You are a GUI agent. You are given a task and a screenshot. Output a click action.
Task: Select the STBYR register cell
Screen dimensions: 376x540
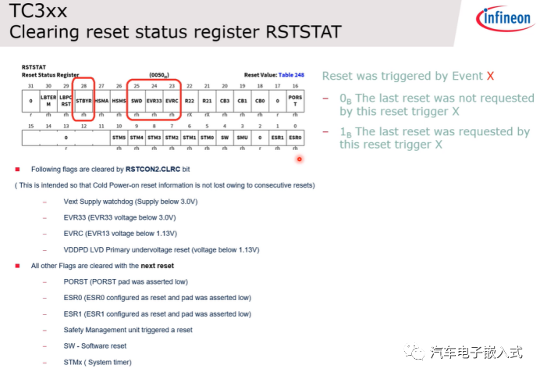[x=84, y=101]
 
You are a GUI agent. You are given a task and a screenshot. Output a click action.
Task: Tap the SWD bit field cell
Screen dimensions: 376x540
[x=136, y=101]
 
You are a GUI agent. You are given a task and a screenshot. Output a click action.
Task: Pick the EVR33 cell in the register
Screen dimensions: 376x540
[x=154, y=101]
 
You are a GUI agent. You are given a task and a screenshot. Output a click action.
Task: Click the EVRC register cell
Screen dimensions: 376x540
[x=172, y=101]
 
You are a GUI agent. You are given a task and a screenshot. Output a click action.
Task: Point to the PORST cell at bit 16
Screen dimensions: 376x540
[x=295, y=101]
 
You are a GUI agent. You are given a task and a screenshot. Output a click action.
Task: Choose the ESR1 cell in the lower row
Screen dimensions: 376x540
[x=277, y=138]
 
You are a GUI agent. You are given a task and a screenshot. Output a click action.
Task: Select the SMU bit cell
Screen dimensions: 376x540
[x=242, y=138]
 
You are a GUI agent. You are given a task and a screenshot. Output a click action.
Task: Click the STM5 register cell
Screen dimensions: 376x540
[x=119, y=138]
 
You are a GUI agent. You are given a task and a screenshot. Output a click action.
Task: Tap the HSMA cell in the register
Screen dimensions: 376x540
[x=101, y=101]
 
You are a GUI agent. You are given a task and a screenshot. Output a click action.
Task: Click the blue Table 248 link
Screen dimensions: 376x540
[x=289, y=75]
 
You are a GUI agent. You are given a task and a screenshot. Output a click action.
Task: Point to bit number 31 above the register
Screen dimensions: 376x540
[x=30, y=86]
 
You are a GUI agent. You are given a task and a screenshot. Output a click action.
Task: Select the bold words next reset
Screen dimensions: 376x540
[x=157, y=266]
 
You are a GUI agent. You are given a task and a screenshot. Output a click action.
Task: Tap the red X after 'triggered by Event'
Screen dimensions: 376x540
[x=490, y=76]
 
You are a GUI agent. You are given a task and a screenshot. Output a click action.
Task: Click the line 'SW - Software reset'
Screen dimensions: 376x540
[x=95, y=346]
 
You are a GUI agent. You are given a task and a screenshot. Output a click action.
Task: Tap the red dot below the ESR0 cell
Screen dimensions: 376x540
[x=298, y=159]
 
